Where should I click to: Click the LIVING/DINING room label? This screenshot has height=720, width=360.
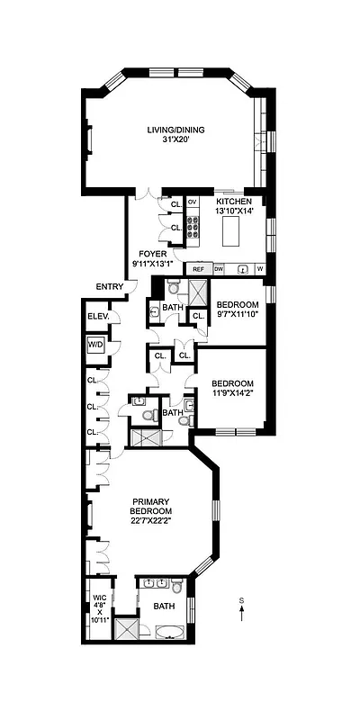(176, 130)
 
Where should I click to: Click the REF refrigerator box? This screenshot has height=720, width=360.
(198, 269)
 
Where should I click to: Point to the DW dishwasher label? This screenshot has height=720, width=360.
(219, 269)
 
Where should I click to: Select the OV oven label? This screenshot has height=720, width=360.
(192, 202)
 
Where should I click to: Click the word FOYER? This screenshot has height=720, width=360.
(153, 254)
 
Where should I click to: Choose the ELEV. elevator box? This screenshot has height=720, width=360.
(98, 317)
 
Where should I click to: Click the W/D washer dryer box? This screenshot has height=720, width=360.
(95, 346)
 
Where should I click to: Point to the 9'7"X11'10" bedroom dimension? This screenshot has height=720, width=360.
(238, 315)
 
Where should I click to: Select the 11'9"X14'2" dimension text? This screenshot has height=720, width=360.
(233, 391)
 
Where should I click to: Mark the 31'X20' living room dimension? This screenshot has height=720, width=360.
(176, 139)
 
